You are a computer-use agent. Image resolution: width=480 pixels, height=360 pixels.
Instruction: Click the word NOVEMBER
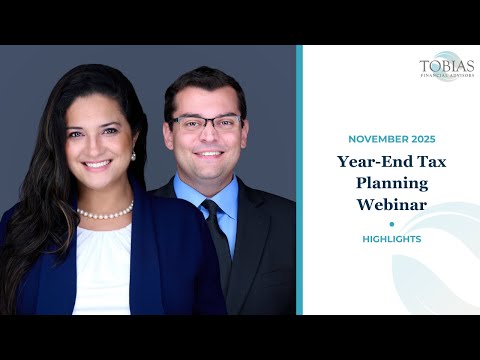[370, 139]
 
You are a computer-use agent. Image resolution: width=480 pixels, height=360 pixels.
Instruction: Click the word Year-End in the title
[366, 161]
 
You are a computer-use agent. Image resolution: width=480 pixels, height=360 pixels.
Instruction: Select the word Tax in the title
[416, 161]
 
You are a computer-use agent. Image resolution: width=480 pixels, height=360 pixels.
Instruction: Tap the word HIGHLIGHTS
[392, 239]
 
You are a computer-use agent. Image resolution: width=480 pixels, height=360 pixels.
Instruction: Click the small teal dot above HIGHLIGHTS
[392, 224]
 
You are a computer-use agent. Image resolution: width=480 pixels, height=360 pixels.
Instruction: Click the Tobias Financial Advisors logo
[446, 66]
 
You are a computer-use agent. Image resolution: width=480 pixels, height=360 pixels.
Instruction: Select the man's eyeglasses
[206, 124]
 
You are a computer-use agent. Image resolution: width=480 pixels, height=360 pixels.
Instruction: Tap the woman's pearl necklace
[105, 212]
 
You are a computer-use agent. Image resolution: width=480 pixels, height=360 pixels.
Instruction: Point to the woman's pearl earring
[133, 155]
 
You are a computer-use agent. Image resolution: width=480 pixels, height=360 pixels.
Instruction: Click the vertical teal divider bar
[299, 180]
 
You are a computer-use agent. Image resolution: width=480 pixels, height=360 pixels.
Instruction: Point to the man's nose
[207, 136]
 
